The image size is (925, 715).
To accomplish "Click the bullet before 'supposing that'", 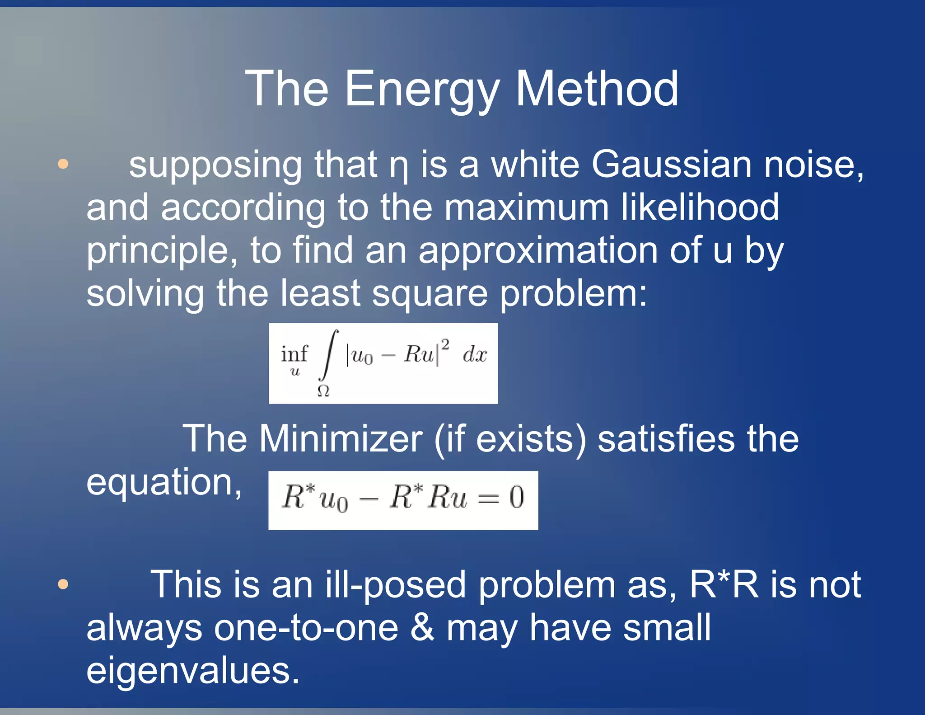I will pos(63,164).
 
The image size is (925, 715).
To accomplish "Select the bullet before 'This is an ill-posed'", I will pos(63,584).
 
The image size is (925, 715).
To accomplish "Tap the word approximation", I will pos(538,250).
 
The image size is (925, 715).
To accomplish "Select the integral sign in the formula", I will pos(328,356).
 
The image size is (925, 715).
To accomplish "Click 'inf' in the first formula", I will pos(294,353).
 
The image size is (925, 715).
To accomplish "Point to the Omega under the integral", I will pos(323,391).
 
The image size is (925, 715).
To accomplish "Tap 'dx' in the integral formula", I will pos(475,354).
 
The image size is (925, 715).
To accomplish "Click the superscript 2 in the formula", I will pos(445,345).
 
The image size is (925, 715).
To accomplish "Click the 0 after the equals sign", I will pos(517,498).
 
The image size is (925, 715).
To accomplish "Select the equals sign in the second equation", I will pos(489,499).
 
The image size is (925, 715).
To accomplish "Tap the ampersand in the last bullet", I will pos(422,627).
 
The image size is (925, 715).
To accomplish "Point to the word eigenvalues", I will pos(193,670).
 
